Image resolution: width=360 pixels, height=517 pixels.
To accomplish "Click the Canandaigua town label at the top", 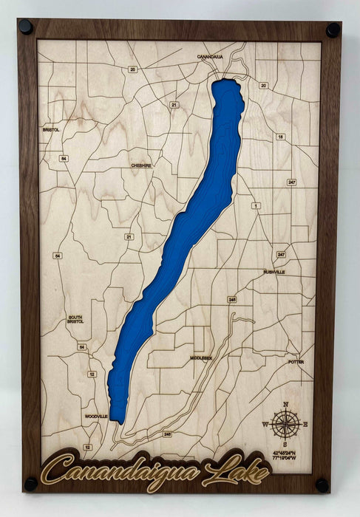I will pyautogui.click(x=210, y=56).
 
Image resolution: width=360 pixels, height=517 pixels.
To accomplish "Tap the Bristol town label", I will pyautogui.click(x=51, y=129).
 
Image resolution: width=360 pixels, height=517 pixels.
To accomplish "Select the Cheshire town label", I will pyautogui.click(x=141, y=166).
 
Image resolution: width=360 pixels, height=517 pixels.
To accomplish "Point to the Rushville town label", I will pyautogui.click(x=274, y=272).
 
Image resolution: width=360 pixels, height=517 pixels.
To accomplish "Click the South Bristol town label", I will pyautogui.click(x=75, y=320).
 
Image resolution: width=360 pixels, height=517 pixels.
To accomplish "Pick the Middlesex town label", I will pyautogui.click(x=200, y=358).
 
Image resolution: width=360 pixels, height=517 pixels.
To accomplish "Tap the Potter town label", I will pyautogui.click(x=296, y=362).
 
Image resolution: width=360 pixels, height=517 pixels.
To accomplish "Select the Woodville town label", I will pyautogui.click(x=96, y=417).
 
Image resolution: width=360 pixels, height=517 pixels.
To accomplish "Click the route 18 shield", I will pyautogui.click(x=280, y=137).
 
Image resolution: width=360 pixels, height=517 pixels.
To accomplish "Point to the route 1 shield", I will pyautogui.click(x=257, y=205).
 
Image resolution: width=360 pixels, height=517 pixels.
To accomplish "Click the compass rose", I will pyautogui.click(x=285, y=423).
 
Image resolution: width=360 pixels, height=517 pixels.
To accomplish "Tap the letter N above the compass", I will pyautogui.click(x=285, y=403).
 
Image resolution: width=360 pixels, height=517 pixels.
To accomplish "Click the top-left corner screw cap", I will pyautogui.click(x=26, y=27).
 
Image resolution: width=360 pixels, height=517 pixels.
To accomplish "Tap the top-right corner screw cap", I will pyautogui.click(x=333, y=30).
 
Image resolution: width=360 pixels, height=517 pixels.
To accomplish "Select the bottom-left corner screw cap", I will pyautogui.click(x=31, y=484).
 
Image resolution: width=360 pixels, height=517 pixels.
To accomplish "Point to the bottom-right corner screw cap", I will pyautogui.click(x=323, y=485).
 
